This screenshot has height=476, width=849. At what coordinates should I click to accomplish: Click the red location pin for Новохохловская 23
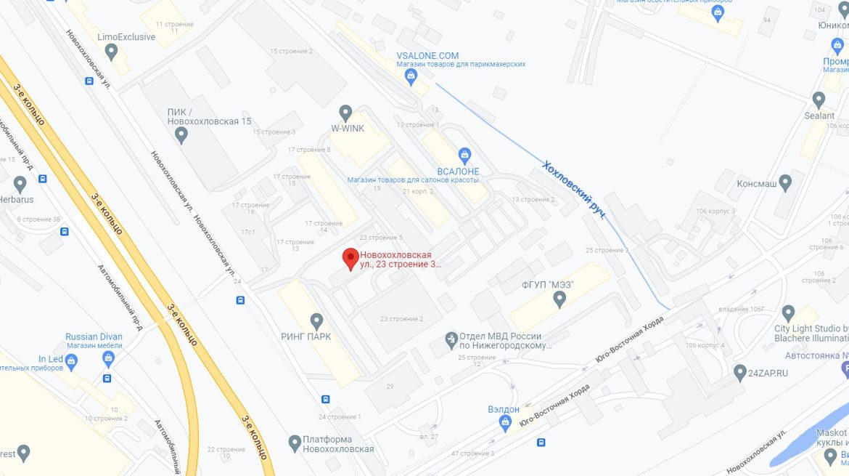350,258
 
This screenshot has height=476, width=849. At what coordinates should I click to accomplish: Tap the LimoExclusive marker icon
111,52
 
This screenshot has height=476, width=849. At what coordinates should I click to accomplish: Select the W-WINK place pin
346,113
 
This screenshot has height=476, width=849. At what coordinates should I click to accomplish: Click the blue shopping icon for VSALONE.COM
411,76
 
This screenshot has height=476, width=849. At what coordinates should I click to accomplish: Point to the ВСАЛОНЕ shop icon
465,154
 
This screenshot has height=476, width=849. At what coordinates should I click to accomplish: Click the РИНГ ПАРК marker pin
316,320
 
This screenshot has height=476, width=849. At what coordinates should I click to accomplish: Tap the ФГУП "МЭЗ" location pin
559,299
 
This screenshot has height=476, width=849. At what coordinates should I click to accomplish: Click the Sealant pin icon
819,99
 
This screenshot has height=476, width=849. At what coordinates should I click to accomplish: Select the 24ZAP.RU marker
740,371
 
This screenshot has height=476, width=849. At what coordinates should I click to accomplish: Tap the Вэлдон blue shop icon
506,424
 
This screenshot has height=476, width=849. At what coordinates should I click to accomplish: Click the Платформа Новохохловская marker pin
295,442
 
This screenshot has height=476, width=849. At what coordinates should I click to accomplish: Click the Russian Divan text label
94,336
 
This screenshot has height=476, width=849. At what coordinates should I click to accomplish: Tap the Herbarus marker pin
20,183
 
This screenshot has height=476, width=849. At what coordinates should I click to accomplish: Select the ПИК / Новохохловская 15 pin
181,134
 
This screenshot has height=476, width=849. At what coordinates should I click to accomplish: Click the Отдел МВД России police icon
451,339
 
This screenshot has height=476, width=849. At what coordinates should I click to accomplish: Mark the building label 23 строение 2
401,319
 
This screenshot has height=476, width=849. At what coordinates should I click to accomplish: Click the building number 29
390,386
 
